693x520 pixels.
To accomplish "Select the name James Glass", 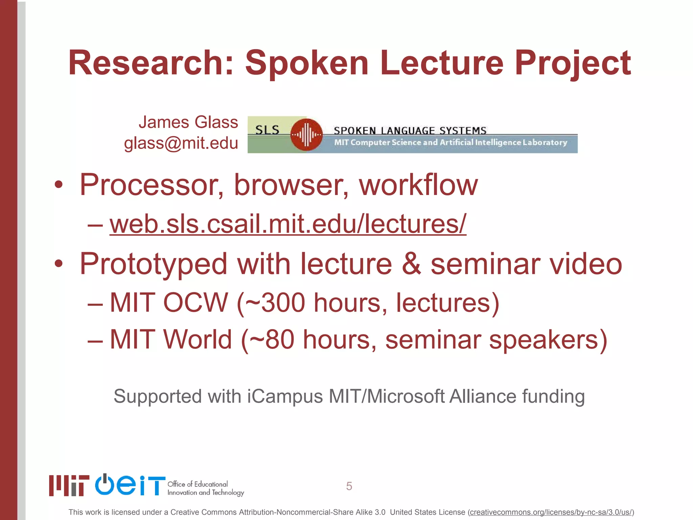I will coord(188,122).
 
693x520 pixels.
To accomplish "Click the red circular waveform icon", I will coord(306,135).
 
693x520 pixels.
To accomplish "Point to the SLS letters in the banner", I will coord(267,130).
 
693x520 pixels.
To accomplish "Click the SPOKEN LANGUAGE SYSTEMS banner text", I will coord(410,130).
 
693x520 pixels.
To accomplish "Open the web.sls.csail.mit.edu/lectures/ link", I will coord(288,224).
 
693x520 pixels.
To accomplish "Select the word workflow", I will coord(418,185).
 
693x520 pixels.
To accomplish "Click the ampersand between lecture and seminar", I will coord(411,264).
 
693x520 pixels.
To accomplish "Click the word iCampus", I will coord(285,396).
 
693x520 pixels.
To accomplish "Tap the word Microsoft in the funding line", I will coord(406,396).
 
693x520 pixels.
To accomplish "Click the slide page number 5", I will coord(349,486).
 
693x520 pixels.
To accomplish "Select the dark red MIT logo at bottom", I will coord(69,485).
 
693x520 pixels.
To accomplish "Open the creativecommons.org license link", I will coord(551,512).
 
